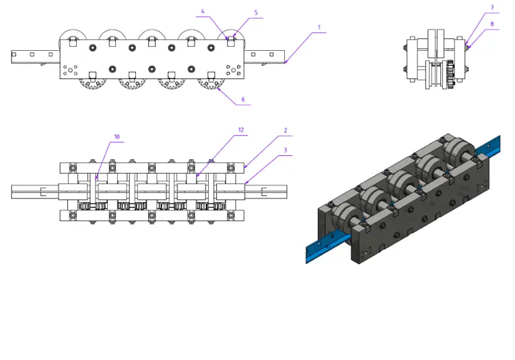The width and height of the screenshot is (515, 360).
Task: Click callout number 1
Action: pos(319,27)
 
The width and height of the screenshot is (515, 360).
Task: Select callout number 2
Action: pos(286,130)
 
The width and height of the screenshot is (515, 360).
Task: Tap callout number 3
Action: pos(286,150)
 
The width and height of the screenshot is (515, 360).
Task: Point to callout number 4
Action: pos(203,11)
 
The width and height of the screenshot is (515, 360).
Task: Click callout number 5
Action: pos(256,12)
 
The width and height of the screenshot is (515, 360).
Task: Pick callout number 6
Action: pos(243,99)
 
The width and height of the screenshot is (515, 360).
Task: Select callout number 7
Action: pos(492,8)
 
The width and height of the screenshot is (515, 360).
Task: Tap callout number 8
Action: pos(492,23)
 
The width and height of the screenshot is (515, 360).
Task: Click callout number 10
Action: pos(117,137)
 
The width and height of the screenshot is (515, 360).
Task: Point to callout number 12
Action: pos(241,130)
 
